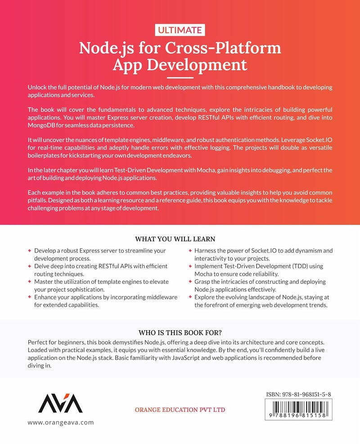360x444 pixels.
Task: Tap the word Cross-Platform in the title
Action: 231,47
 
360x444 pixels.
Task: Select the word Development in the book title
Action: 197,64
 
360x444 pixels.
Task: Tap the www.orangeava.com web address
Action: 61,423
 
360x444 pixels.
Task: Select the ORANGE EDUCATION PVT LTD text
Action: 180,410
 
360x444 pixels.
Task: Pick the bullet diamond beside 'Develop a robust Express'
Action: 30,251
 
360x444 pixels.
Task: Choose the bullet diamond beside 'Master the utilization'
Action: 30,281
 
